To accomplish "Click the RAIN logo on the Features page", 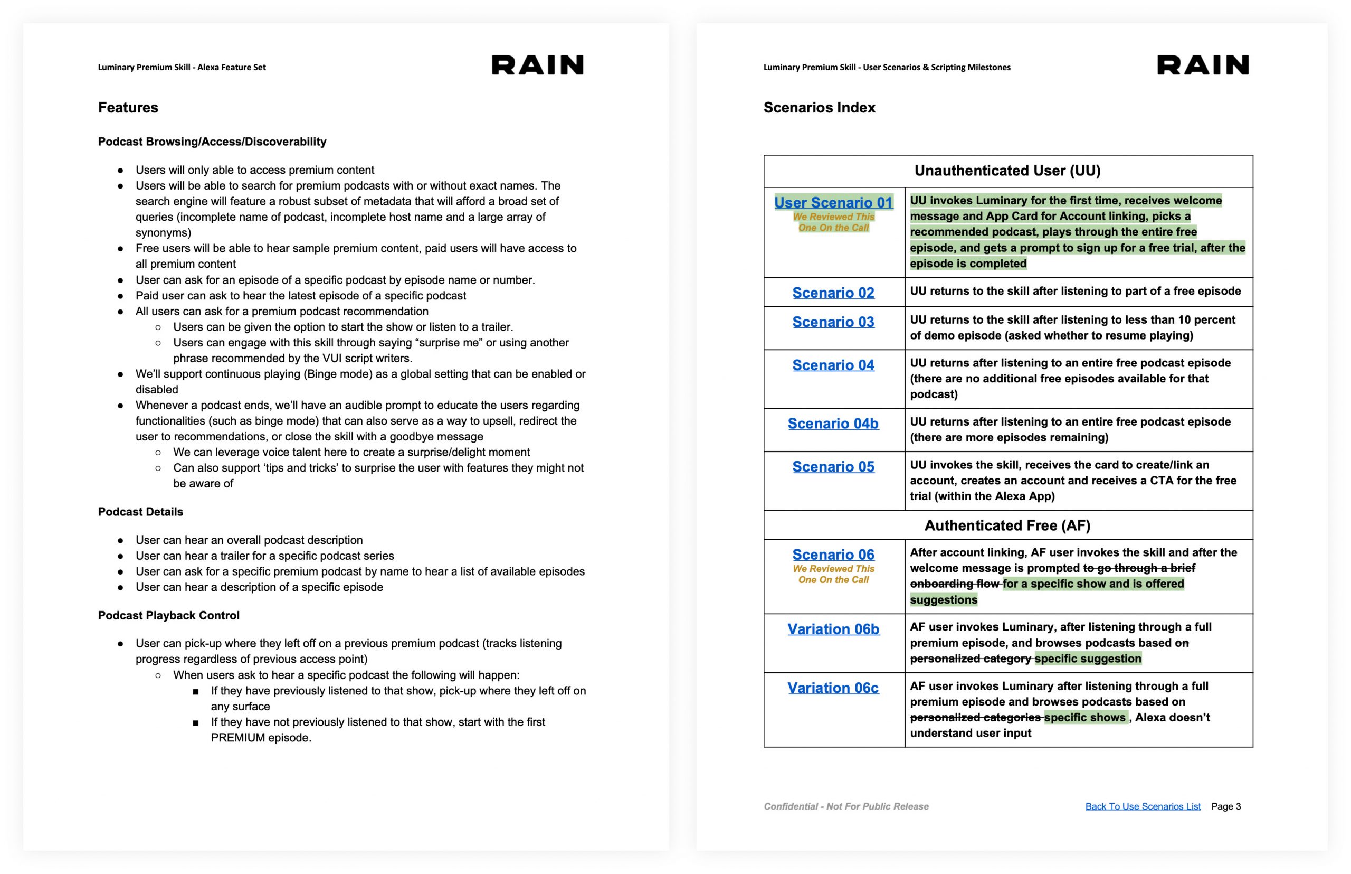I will click(x=537, y=65).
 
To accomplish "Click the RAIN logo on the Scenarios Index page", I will click(x=1202, y=65).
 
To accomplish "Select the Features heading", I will click(x=128, y=107).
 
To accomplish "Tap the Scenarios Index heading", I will click(x=819, y=107).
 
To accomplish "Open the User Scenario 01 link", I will click(x=833, y=203).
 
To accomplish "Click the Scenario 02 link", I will click(x=833, y=293).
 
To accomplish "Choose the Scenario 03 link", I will click(x=833, y=322).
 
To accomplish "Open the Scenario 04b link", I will click(x=833, y=424).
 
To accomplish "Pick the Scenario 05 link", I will click(x=833, y=466).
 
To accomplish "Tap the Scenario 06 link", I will click(x=833, y=555).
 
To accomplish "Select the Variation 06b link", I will click(x=833, y=629).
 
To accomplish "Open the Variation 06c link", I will click(x=833, y=688).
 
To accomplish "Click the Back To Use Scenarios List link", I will click(x=1143, y=806).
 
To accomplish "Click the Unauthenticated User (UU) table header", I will click(x=1007, y=171).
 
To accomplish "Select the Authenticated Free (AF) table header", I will click(x=1007, y=525).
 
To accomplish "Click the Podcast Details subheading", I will click(x=141, y=512).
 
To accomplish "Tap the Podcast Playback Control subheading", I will click(x=168, y=615).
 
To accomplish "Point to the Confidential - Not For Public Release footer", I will click(x=845, y=806).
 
